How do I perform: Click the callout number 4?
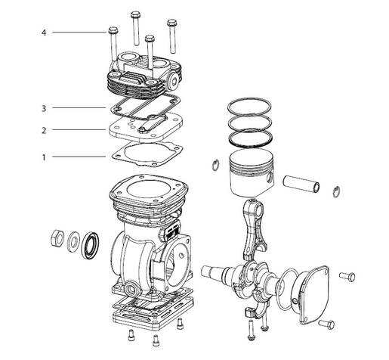tap(44, 33)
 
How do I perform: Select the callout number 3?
tap(44, 108)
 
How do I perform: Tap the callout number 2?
tap(44, 130)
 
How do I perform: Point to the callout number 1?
tap(44, 157)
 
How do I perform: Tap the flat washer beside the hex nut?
tap(75, 242)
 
